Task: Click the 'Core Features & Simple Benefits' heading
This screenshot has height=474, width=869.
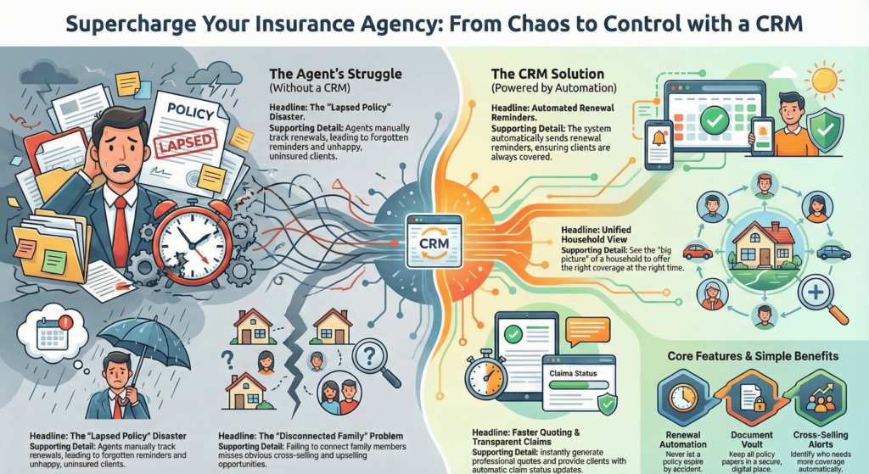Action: click(752, 354)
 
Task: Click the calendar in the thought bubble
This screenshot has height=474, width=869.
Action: click(52, 334)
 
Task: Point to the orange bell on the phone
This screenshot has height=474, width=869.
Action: click(658, 137)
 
